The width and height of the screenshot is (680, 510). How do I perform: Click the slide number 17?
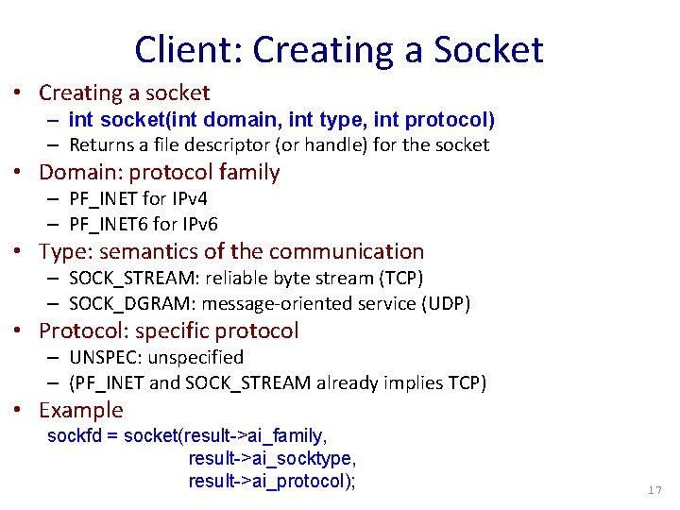[654, 491]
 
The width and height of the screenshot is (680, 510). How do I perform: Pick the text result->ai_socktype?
[270, 458]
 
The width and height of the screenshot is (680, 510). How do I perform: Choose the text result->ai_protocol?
[268, 481]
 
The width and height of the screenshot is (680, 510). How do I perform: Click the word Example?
[81, 410]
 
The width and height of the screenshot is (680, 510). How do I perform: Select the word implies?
[410, 383]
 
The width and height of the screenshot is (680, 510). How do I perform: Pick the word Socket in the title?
[487, 49]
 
